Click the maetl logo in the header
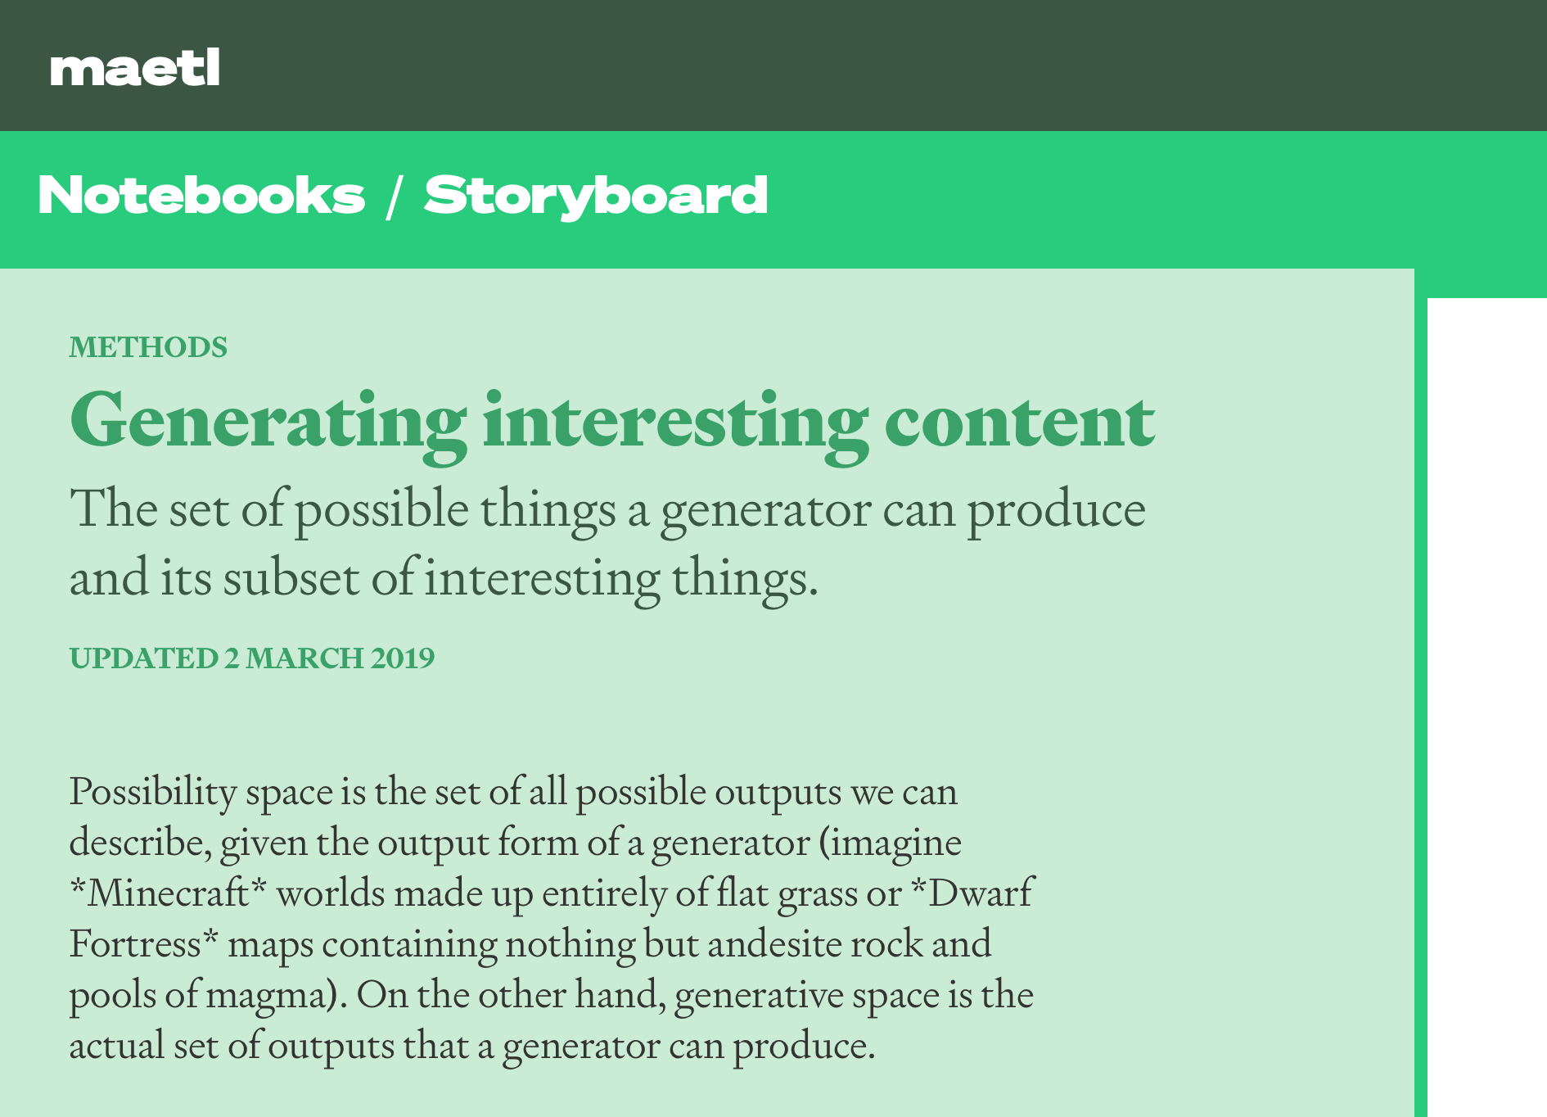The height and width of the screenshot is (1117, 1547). point(135,68)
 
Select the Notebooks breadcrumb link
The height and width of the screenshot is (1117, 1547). point(201,196)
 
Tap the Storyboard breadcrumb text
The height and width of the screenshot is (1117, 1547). point(596,197)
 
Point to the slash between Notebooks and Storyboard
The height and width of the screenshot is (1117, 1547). point(394,197)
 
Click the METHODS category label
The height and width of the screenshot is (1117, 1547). point(148,347)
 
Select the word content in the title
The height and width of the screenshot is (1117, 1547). point(1019,423)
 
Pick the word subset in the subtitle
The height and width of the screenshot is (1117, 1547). point(292,578)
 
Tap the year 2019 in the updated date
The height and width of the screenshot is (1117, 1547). point(403,658)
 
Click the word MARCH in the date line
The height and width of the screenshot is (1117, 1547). point(304,658)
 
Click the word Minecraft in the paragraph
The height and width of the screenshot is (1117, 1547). point(169,893)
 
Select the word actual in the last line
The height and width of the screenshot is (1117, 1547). point(117,1045)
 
